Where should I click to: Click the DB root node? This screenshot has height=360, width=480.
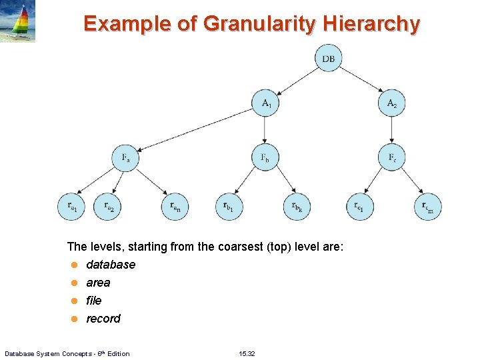tap(329, 59)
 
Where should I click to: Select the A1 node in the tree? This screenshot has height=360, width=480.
tap(265, 103)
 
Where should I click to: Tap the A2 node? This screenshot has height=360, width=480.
tap(391, 103)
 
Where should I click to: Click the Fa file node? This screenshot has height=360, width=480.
tap(125, 158)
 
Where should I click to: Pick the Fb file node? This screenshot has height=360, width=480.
tap(265, 158)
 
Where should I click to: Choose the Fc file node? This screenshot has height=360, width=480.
tap(391, 158)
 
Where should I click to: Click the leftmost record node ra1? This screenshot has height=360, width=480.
tap(71, 207)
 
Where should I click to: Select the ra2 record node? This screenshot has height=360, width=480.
tap(107, 207)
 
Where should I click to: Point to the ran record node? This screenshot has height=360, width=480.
tap(175, 207)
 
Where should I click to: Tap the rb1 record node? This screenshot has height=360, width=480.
tap(229, 207)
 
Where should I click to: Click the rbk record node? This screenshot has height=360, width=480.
tap(297, 207)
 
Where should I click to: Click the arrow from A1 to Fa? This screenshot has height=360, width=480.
tap(197, 130)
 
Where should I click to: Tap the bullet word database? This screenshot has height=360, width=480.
tap(111, 265)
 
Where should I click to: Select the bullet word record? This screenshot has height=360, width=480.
tap(103, 319)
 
